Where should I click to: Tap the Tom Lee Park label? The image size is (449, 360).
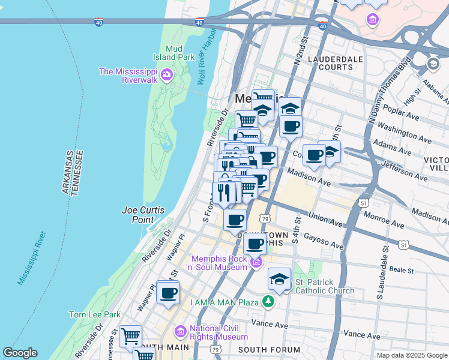pos(94,314)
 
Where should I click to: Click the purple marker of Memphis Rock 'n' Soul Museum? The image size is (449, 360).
pos(256,263)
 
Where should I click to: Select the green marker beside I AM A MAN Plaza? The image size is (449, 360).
pos(270,301)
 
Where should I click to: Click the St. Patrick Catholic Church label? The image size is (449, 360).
pos(324,286)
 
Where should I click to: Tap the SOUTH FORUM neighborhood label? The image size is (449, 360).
pos(269,350)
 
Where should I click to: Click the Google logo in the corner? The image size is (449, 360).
pos(20,353)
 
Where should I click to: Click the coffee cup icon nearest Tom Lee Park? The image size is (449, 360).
pos(168,292)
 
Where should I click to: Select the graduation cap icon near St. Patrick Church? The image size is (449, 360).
pos(279,278)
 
